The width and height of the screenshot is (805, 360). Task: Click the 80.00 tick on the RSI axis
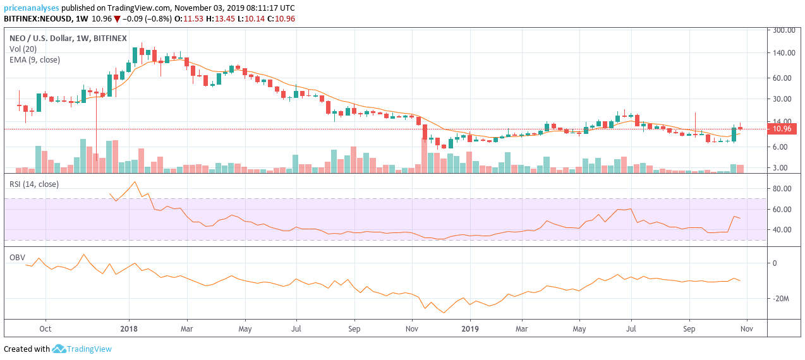[x=782, y=188]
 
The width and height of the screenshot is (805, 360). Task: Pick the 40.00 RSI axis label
[x=782, y=229]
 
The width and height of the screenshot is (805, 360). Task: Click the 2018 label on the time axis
[x=129, y=329]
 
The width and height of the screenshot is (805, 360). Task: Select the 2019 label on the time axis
[x=470, y=329]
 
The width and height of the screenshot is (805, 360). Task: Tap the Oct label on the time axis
[x=45, y=329]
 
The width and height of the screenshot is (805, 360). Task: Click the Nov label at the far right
[x=747, y=329]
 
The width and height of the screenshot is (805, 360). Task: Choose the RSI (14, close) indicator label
[x=34, y=184]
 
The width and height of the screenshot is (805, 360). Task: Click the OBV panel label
[x=17, y=258]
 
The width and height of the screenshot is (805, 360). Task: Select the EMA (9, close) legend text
[x=35, y=59]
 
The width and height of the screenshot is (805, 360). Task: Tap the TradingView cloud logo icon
[x=59, y=349]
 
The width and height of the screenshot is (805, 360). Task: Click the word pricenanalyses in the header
[x=32, y=8]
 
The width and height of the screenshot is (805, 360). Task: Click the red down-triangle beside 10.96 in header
[x=117, y=19]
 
